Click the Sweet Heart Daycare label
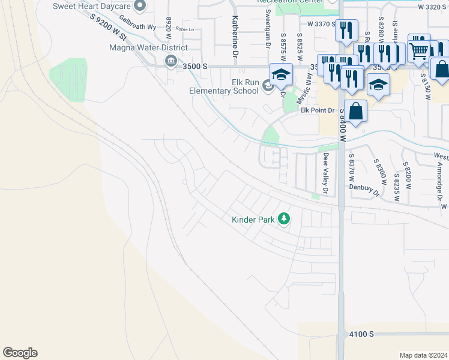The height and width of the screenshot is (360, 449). click(x=91, y=6)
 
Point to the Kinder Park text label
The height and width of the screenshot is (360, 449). click(x=253, y=220)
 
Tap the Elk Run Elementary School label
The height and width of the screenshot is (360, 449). click(x=223, y=86)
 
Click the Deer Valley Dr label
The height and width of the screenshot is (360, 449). click(x=327, y=173)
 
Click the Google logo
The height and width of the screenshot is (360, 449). click(x=20, y=353)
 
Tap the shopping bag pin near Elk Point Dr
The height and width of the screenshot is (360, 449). click(x=355, y=110)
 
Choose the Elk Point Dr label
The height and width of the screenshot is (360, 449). click(x=317, y=110)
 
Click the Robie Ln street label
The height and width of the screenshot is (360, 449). click(x=184, y=29)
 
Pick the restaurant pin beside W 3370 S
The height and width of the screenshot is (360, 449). click(x=346, y=29)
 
